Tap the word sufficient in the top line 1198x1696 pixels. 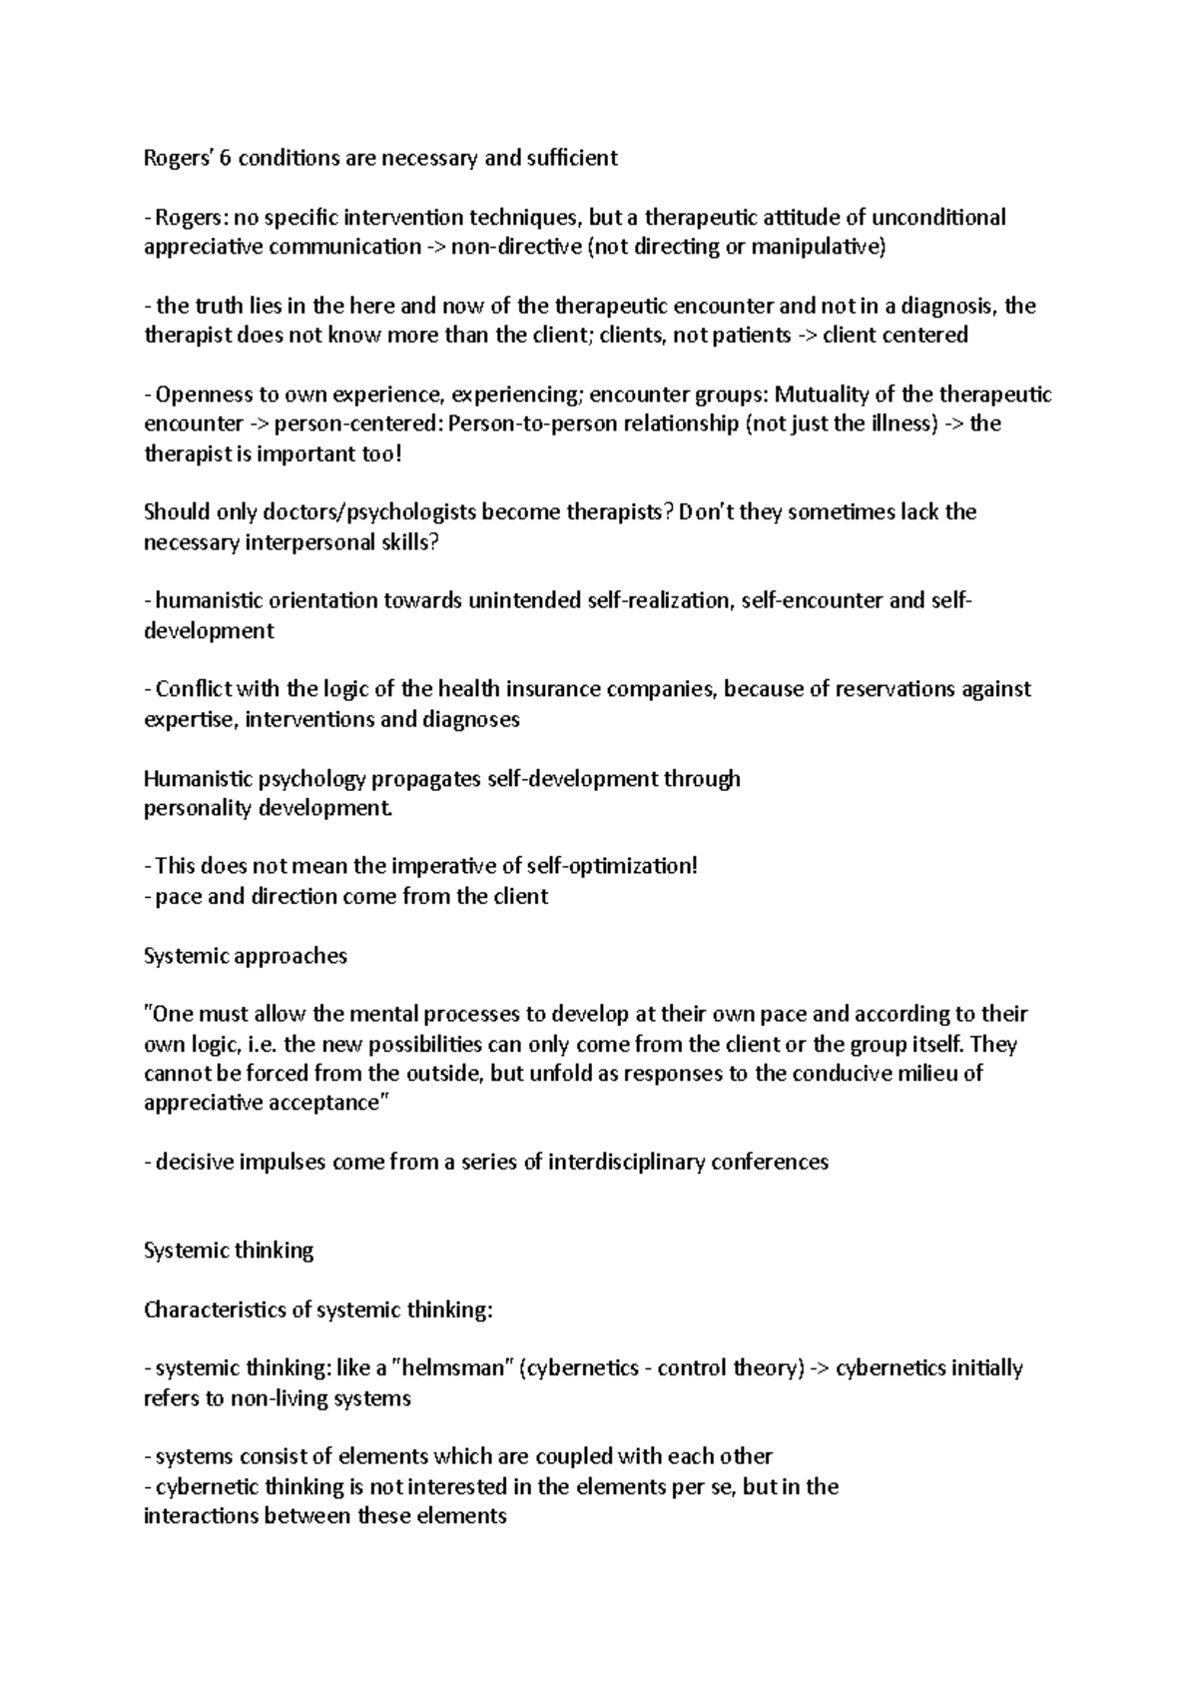click(574, 158)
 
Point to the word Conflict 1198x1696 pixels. click(194, 689)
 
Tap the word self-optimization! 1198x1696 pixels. click(619, 866)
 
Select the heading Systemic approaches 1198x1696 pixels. click(246, 956)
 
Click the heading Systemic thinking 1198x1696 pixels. click(229, 1251)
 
